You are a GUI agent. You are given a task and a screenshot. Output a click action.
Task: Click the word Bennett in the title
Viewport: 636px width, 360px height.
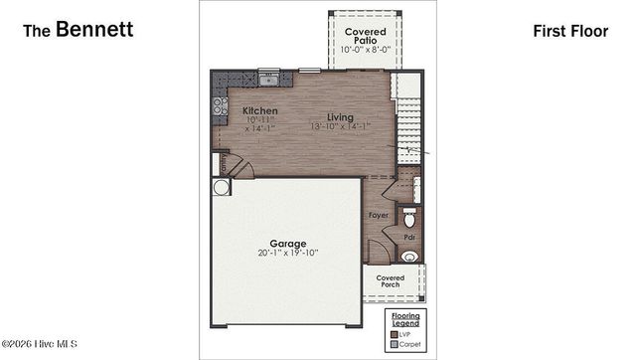tap(94, 30)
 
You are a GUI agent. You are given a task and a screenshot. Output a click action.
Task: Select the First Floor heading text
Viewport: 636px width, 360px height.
tap(569, 31)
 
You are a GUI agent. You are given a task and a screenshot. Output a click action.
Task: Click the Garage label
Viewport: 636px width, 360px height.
tap(288, 243)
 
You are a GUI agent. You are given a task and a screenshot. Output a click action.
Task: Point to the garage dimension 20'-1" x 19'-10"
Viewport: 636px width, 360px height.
tap(288, 254)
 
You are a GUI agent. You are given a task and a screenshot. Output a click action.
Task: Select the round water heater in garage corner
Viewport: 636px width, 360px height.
tap(221, 187)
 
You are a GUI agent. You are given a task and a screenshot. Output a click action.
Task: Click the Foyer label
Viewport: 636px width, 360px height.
tap(379, 214)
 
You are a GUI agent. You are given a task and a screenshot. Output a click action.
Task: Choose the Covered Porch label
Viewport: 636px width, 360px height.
tap(391, 281)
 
